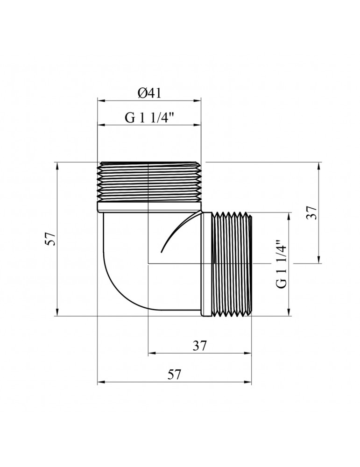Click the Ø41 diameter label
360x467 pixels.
point(149,93)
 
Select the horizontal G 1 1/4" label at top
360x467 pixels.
point(149,118)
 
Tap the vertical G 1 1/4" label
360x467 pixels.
point(282,263)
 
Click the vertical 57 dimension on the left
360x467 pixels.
point(50,239)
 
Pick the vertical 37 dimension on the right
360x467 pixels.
point(311,212)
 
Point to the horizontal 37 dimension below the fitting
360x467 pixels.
point(199,346)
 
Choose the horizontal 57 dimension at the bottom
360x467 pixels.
point(174,375)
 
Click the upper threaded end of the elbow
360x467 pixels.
point(150,182)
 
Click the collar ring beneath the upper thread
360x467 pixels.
point(149,207)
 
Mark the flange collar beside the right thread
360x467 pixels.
point(206,264)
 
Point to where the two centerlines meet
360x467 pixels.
point(148,263)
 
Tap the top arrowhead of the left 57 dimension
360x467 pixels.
point(57,166)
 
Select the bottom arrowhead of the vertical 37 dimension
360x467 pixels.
point(319,260)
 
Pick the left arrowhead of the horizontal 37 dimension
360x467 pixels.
point(152,353)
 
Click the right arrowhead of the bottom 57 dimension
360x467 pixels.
point(248,382)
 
